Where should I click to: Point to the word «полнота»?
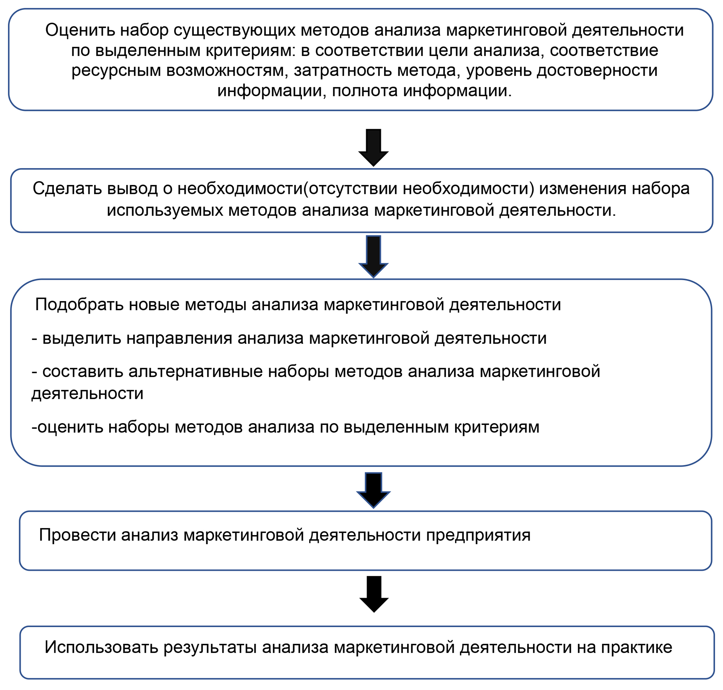tap(365, 90)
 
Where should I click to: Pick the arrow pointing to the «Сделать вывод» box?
tap(373, 147)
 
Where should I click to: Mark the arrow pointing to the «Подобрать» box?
tap(373, 256)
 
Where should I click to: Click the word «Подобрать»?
tap(79, 305)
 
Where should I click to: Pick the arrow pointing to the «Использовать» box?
tap(374, 594)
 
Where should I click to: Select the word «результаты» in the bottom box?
tap(210, 649)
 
